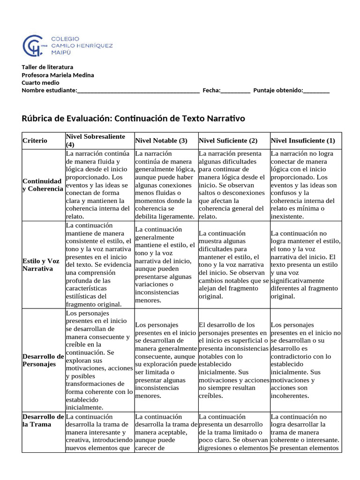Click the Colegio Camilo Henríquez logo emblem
click(x=35, y=45)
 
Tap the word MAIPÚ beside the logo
click(x=61, y=53)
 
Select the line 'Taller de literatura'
click(x=47, y=67)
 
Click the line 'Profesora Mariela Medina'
click(x=58, y=75)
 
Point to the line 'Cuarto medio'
click(x=40, y=82)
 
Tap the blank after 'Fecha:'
click(x=235, y=90)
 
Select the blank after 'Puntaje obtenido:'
click(x=316, y=90)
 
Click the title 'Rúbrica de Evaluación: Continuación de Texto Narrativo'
click(x=133, y=119)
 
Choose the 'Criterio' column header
click(x=35, y=141)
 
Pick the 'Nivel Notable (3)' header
click(x=161, y=141)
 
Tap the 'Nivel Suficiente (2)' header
click(x=228, y=141)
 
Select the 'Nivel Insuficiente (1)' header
click(x=303, y=141)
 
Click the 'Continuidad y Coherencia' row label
click(x=42, y=185)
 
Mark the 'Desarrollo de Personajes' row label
click(x=43, y=360)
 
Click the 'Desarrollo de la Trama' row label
click(x=43, y=420)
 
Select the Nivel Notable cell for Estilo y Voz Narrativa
click(x=165, y=265)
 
